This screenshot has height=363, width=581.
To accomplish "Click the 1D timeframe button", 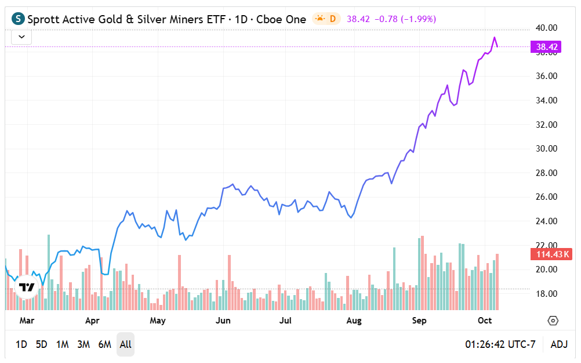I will click(x=21, y=344).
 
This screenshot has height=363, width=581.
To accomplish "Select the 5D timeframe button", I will click(x=41, y=344).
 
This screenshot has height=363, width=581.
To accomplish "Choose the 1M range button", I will click(x=63, y=344).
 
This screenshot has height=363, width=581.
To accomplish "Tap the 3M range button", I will click(x=83, y=344).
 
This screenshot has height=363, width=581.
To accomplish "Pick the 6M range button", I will click(x=104, y=344).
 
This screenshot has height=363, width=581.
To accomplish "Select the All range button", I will click(x=125, y=344).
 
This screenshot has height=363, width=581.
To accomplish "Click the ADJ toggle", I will click(x=559, y=344).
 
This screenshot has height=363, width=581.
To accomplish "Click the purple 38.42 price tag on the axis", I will click(x=547, y=46).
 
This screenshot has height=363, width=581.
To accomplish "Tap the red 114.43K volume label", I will click(x=550, y=254).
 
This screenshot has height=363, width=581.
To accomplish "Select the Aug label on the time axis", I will click(x=354, y=321).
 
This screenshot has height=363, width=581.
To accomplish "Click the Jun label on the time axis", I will click(x=223, y=321).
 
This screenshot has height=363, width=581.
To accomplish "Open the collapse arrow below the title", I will click(x=21, y=37).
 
